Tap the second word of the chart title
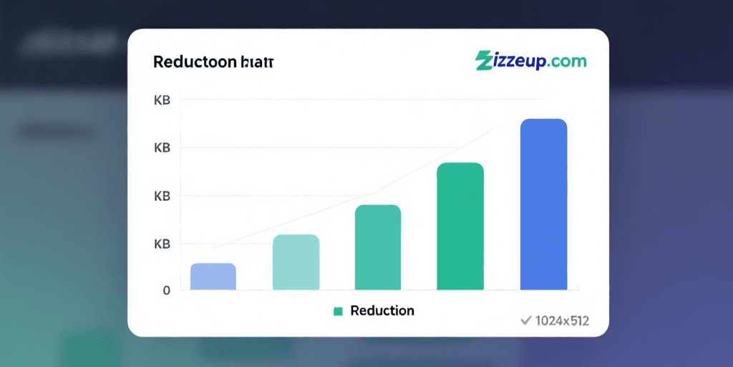click(x=257, y=62)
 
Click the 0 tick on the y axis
click(x=166, y=290)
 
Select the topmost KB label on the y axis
click(x=162, y=100)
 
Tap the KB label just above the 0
click(x=162, y=244)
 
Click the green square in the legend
click(x=339, y=311)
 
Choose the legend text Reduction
click(x=382, y=310)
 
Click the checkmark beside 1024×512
click(x=525, y=320)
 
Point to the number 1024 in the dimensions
click(x=548, y=320)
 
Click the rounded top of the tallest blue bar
click(x=543, y=122)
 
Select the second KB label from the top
click(x=162, y=148)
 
